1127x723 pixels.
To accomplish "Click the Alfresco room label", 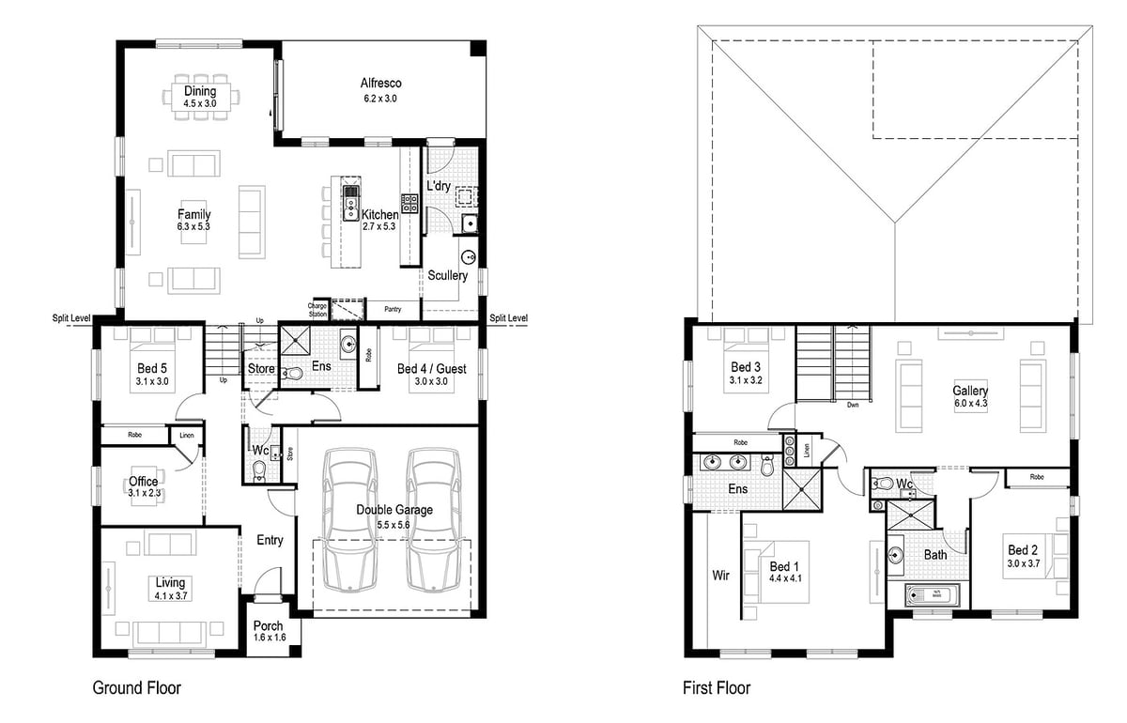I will (x=381, y=90).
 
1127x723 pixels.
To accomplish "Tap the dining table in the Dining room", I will (x=200, y=96).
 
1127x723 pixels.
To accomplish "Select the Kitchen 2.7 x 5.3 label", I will (x=380, y=221).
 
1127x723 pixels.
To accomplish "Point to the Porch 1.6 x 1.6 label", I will (x=269, y=632).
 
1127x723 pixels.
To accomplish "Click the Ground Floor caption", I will (x=136, y=688).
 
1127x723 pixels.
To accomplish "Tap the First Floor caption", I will (x=717, y=688).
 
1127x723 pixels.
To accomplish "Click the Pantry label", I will (x=392, y=308).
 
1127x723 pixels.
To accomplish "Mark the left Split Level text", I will (x=71, y=319).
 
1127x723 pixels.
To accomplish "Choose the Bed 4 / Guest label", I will (x=431, y=375).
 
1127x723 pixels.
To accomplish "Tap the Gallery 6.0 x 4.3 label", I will (x=970, y=396).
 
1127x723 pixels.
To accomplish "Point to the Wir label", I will (x=720, y=575).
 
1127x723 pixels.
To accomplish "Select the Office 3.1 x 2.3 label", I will (x=143, y=486).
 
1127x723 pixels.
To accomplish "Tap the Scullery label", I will (x=447, y=276).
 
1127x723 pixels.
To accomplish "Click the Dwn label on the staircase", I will (x=852, y=406).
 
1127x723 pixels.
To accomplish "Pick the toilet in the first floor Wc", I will (x=883, y=485).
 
